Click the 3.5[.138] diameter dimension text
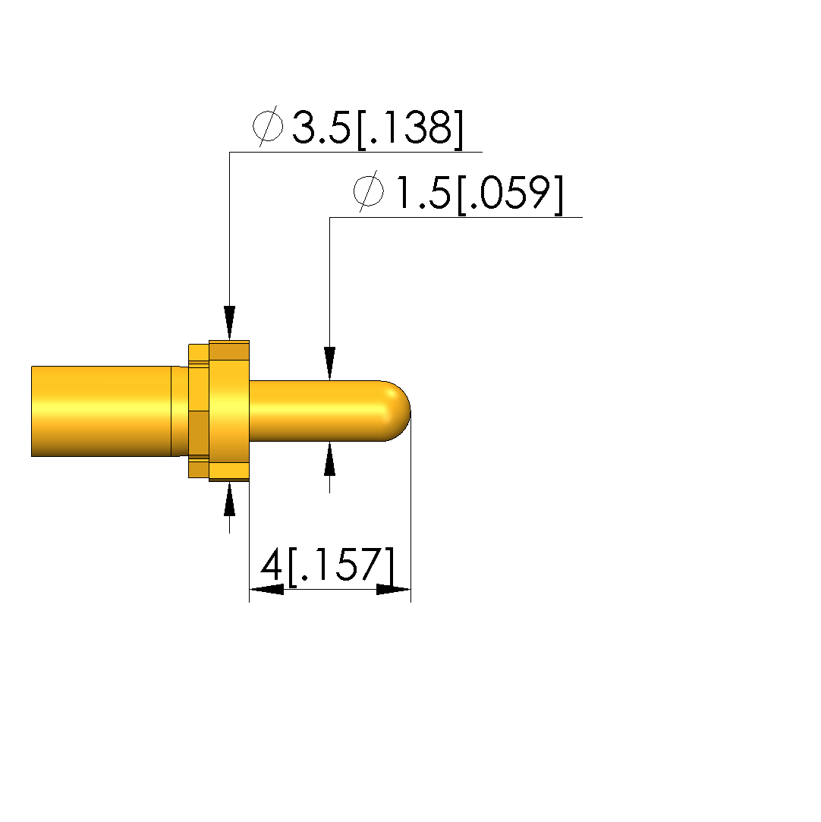click(377, 128)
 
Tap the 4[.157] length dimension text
click(327, 565)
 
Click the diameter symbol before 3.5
click(268, 126)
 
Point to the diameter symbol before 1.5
click(368, 191)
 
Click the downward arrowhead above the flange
click(229, 323)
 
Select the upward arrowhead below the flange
click(229, 499)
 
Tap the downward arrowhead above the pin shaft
click(329, 364)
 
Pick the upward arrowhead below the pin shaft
click(329, 458)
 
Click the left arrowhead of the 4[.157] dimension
click(266, 589)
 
